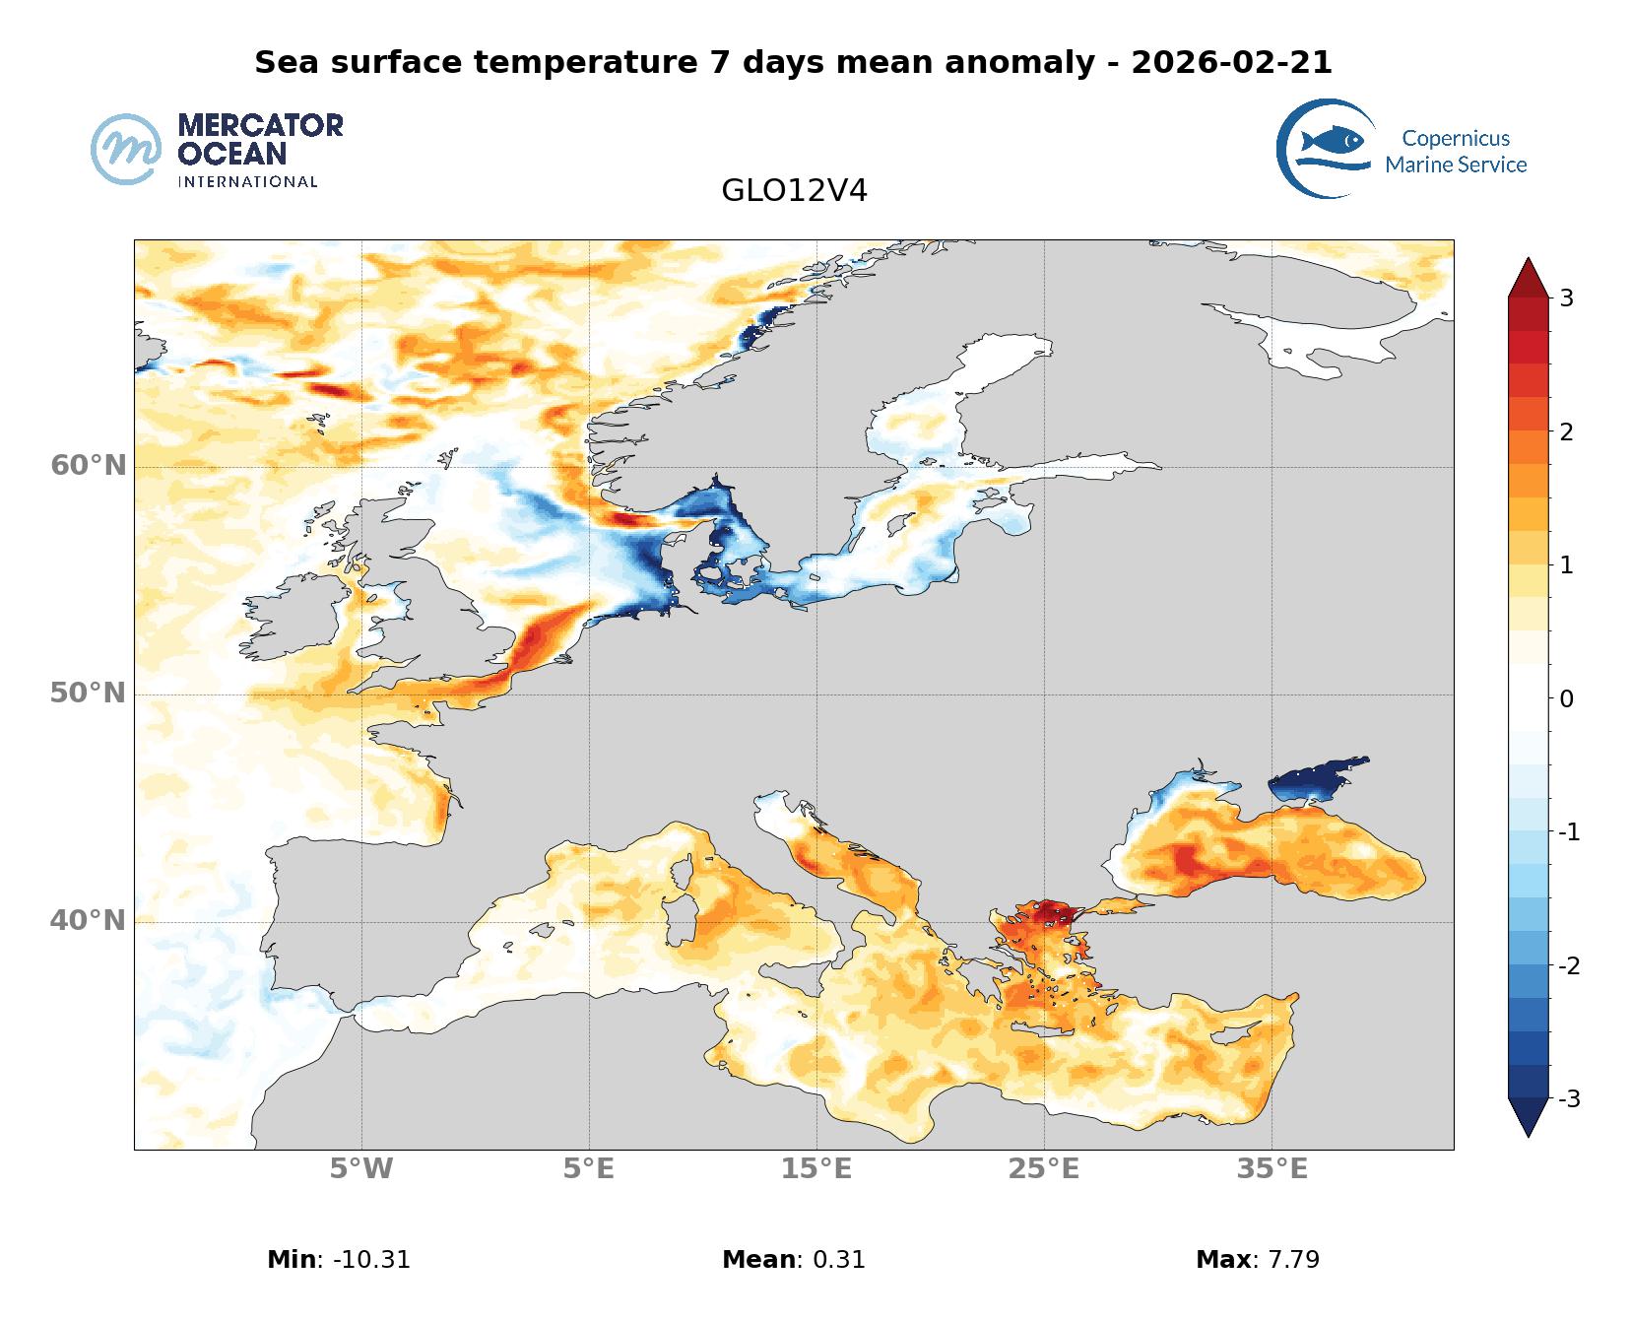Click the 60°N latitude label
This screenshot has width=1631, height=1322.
coord(89,465)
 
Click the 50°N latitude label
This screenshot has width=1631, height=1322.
coord(89,694)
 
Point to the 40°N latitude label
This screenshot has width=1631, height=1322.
coord(89,921)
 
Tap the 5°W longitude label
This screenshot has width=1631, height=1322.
coord(360,1169)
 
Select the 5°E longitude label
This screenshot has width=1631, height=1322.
coord(589,1169)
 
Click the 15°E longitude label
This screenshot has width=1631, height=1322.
coord(816,1169)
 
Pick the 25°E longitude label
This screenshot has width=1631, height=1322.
coord(1044,1169)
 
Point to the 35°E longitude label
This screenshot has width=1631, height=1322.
coord(1272,1169)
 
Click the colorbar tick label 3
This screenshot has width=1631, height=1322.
coord(1566,297)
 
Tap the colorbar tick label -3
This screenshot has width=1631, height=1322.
coord(1568,1098)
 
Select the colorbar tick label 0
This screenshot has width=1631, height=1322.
coord(1566,699)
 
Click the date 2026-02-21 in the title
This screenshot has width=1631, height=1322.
coord(1231,63)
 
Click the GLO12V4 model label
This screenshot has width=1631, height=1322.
coord(794,191)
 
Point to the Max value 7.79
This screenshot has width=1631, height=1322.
coord(1286,1259)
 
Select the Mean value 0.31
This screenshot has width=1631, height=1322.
coord(838,1259)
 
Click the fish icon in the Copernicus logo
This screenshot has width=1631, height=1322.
coord(1332,141)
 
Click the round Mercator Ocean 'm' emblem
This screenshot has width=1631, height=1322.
coord(126,149)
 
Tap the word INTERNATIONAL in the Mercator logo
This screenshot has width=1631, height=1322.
coord(247,181)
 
